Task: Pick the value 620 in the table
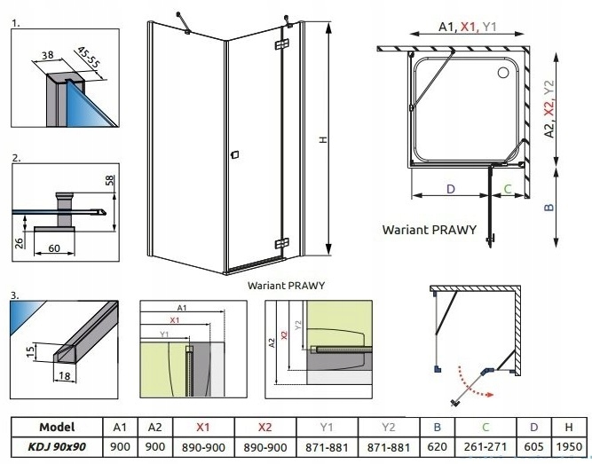(437, 448)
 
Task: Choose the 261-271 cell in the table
(484, 448)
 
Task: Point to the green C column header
(484, 427)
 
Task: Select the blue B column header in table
(437, 427)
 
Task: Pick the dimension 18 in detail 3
(64, 375)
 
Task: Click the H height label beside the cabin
(323, 139)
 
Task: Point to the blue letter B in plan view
(549, 206)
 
